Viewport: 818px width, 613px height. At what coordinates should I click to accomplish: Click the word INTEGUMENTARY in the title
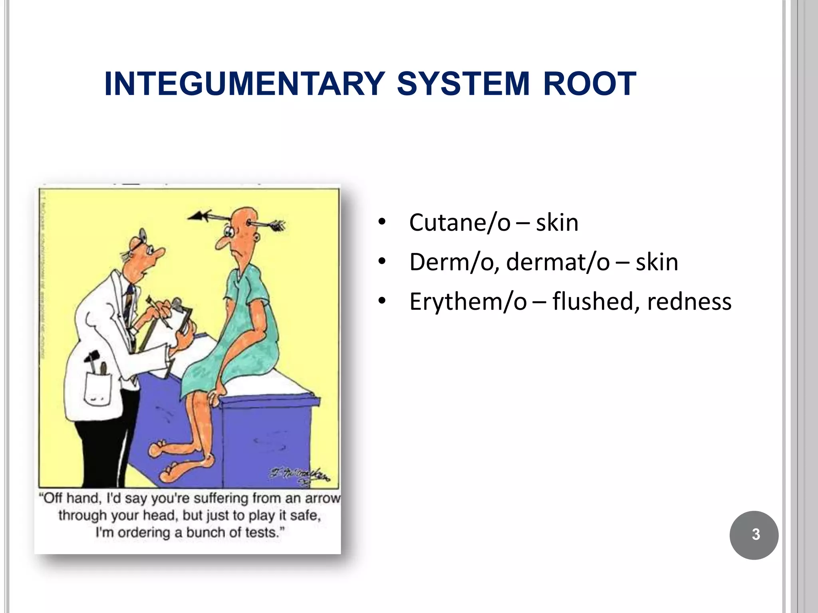244,84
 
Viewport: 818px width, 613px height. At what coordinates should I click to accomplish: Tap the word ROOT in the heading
590,84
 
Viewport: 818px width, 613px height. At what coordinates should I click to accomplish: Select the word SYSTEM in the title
463,84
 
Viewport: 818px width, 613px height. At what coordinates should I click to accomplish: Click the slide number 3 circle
754,535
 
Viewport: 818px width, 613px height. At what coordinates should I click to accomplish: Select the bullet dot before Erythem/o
382,301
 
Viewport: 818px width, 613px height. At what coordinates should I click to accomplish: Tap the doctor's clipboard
182,319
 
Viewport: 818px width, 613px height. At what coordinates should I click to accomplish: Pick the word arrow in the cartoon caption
323,498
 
